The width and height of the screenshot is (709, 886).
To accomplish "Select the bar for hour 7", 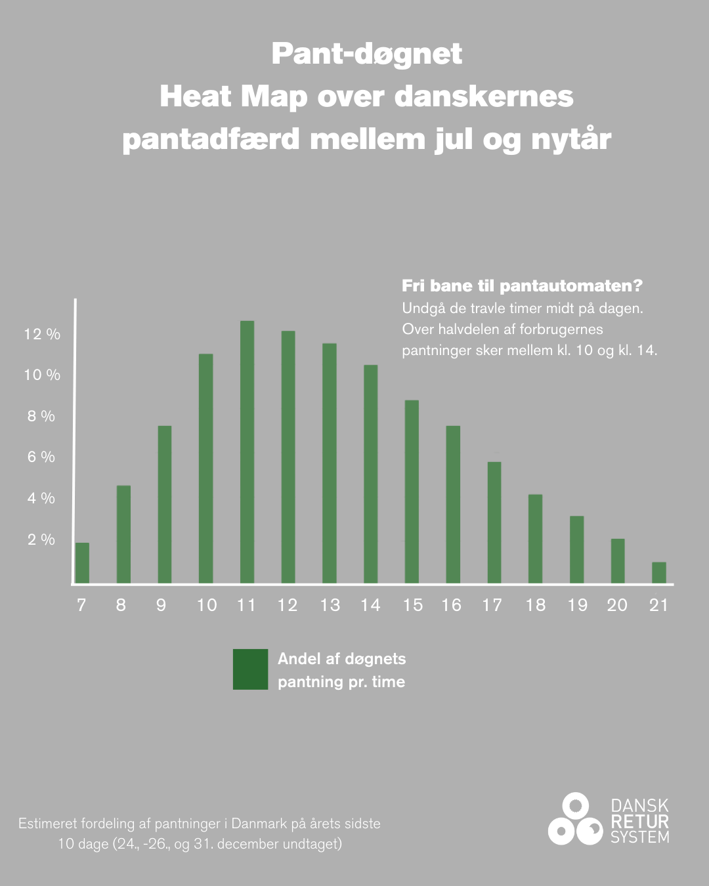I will pos(82,563).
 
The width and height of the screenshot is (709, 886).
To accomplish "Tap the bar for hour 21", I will pos(658,572).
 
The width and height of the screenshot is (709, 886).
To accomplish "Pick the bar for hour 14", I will pos(370,474).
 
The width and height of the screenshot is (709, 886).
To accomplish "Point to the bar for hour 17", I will pos(494,522).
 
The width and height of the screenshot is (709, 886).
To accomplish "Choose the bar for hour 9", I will pos(165,504).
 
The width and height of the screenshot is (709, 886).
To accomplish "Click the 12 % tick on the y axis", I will pos(42,335).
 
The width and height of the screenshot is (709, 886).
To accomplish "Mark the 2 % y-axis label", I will pos(41,539).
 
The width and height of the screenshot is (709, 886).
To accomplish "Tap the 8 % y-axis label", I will pos(41,416).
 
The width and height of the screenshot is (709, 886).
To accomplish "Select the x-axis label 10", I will pos(207,605).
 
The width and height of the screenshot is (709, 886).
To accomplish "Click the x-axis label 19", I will pos(577,605).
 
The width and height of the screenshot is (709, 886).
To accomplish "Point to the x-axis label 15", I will pos(412,605).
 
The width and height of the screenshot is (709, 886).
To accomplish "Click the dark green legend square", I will pos(250,669).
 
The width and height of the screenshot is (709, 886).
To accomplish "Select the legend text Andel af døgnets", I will pos(341,659).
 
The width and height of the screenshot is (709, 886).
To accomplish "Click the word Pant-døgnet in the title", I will pos(366,54).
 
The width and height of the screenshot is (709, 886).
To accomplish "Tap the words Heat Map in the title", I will pos(233,97).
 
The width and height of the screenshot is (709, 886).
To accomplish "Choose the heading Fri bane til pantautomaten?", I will pos(522,286).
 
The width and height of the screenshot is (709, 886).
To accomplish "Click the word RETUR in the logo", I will pos(639,822).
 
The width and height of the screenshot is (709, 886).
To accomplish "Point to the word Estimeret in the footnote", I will pos(48,824).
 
